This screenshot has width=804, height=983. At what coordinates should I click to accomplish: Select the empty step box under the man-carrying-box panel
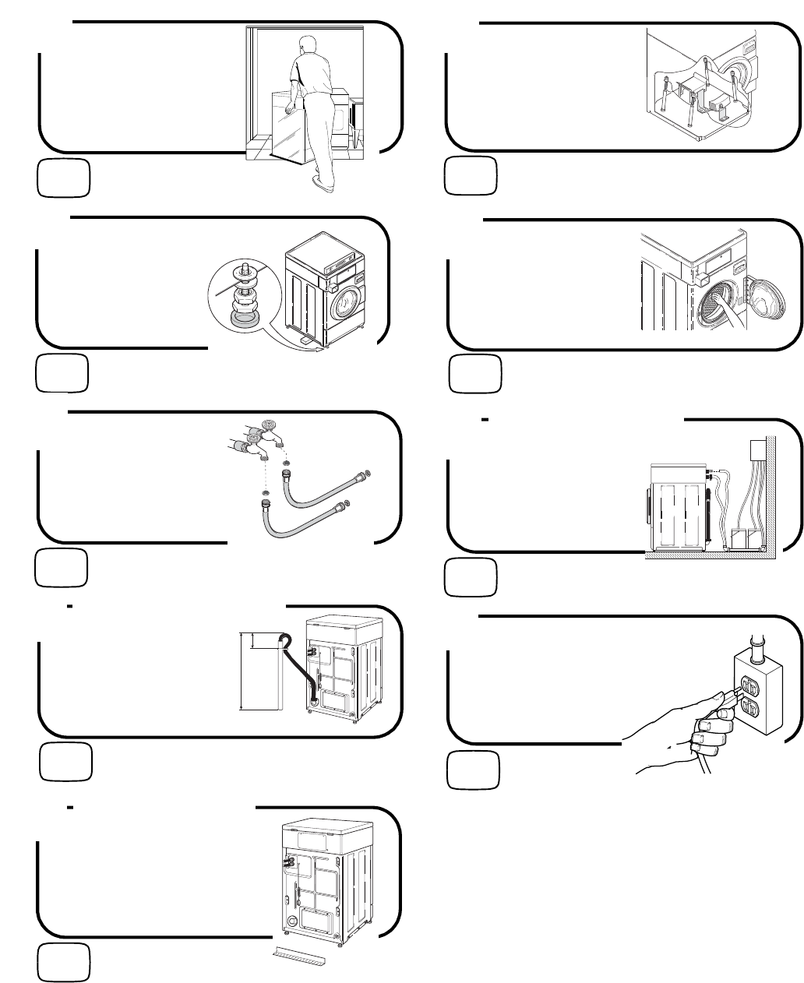pyautogui.click(x=63, y=178)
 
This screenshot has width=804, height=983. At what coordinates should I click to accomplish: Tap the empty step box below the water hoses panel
pyautogui.click(x=63, y=568)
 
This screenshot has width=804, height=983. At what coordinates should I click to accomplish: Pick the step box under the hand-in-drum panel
pyautogui.click(x=474, y=374)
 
